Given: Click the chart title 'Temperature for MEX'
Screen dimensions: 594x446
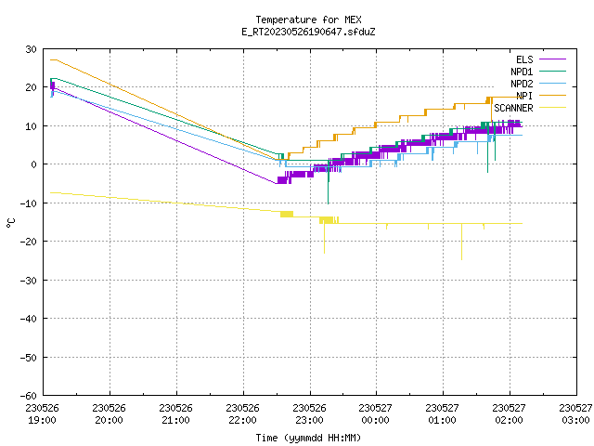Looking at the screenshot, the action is (308, 20).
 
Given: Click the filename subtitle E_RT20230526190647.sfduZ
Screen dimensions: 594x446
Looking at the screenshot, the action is (308, 32).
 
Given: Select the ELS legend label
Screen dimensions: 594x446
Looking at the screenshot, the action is (524, 59).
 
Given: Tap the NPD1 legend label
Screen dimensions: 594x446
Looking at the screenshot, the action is (522, 72).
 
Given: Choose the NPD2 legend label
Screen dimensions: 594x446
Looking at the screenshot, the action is (522, 84).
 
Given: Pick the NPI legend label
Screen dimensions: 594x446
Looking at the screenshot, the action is (524, 96).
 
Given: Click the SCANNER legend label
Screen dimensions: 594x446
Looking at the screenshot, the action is (513, 108).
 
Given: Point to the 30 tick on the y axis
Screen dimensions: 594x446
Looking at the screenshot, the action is (31, 49).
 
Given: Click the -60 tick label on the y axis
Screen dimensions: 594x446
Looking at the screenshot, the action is (29, 396).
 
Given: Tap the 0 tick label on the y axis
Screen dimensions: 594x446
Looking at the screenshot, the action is (34, 164).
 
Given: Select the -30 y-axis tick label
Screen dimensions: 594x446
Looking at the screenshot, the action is (29, 281).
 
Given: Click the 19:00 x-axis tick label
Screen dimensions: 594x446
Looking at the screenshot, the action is (42, 420).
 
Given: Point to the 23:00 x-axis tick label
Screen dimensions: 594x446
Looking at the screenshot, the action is (309, 420).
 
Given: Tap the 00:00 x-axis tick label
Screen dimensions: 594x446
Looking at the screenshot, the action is (375, 420).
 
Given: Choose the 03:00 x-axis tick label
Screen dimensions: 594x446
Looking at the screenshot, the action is (575, 420).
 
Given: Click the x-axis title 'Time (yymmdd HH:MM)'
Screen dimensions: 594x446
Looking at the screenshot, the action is (308, 438).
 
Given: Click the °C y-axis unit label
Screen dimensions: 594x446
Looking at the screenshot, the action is (10, 223).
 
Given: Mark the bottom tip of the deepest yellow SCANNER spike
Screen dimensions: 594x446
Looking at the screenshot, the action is (461, 260).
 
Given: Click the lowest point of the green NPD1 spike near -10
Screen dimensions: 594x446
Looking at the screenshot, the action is (328, 203).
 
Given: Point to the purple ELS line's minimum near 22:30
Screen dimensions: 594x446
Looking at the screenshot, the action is (277, 184).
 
